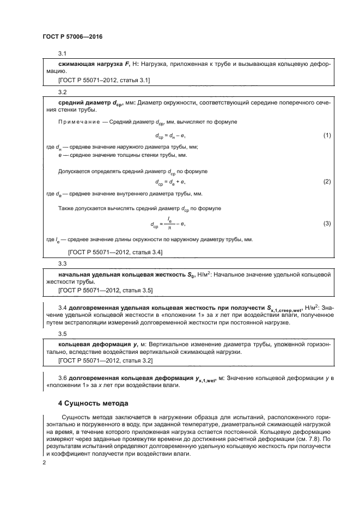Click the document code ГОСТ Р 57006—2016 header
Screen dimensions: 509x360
(x=72, y=36)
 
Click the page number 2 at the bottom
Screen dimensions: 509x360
(x=44, y=462)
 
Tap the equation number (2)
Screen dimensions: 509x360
(x=327, y=181)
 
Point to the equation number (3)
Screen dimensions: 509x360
(x=327, y=223)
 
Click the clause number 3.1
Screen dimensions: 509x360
(x=62, y=53)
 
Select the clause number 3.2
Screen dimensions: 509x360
(x=62, y=92)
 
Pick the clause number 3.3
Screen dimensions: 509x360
(x=62, y=264)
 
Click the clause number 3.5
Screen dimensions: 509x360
(x=62, y=334)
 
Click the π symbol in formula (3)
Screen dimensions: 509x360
(x=169, y=228)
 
